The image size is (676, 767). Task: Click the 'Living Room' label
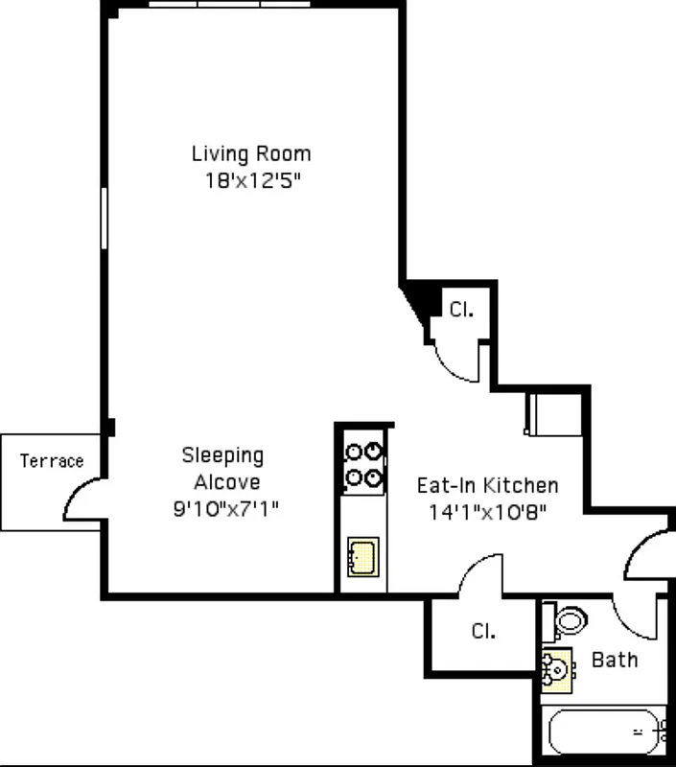click(x=251, y=153)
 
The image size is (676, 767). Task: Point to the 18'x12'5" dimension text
click(x=251, y=182)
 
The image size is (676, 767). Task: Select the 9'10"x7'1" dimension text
click(x=225, y=509)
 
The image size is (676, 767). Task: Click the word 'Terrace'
click(x=52, y=461)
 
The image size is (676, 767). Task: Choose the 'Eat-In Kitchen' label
click(x=487, y=485)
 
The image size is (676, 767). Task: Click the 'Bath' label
click(x=615, y=660)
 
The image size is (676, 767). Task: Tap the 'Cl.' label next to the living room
click(x=461, y=310)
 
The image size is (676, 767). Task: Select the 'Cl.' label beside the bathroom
click(x=483, y=632)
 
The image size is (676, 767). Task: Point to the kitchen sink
click(x=362, y=557)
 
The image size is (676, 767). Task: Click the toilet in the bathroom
click(x=569, y=620)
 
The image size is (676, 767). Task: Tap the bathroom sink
click(x=555, y=668)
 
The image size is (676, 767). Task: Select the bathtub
click(x=604, y=732)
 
